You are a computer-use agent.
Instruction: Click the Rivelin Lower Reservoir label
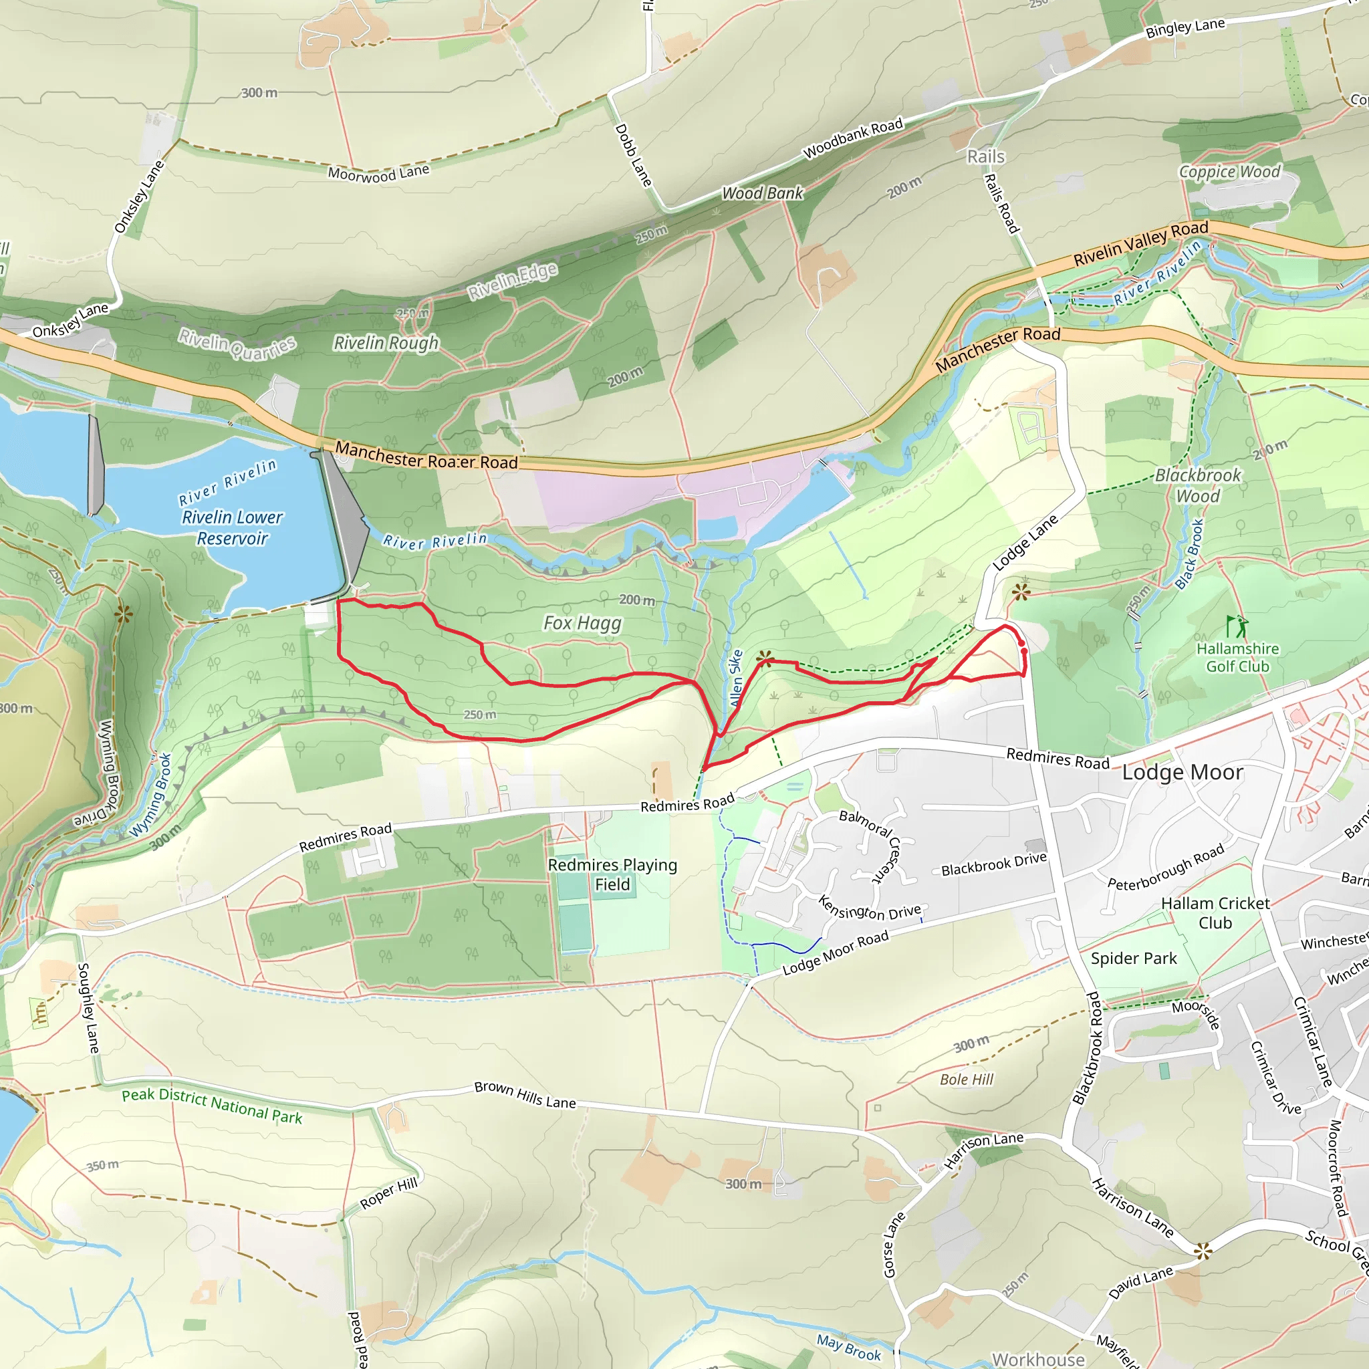coord(232,527)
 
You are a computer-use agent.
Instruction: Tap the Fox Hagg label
coord(582,623)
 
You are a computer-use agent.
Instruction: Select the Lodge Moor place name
coord(1182,772)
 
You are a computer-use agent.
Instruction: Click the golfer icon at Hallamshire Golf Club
coord(1236,626)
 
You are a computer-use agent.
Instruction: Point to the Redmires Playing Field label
coord(612,874)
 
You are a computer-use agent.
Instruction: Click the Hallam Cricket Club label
coord(1215,912)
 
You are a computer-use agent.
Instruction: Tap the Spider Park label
coord(1133,959)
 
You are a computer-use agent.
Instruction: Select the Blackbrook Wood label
coord(1197,485)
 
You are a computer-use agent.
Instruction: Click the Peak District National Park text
coord(212,1106)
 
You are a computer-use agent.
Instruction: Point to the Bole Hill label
coord(967,1079)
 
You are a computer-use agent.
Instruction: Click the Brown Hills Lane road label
coord(524,1094)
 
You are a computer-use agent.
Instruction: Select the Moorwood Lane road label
coord(378,173)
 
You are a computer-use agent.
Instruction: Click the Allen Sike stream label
coord(735,678)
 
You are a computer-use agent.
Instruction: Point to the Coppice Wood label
coord(1229,172)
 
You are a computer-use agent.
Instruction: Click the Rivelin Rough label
coord(386,343)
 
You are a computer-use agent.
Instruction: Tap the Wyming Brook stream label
coord(152,795)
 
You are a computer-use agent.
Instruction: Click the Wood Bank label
coord(763,193)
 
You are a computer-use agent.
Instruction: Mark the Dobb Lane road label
coord(633,155)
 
